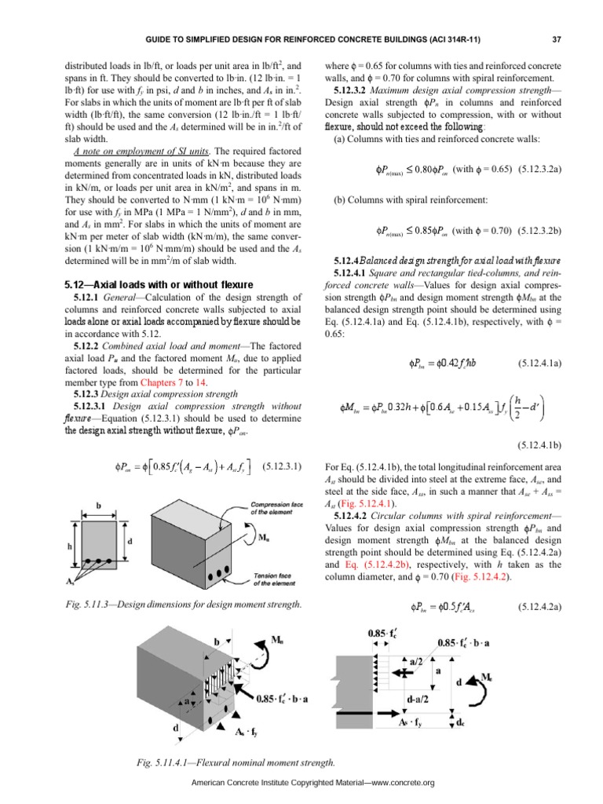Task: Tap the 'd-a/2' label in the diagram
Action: click(x=421, y=713)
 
